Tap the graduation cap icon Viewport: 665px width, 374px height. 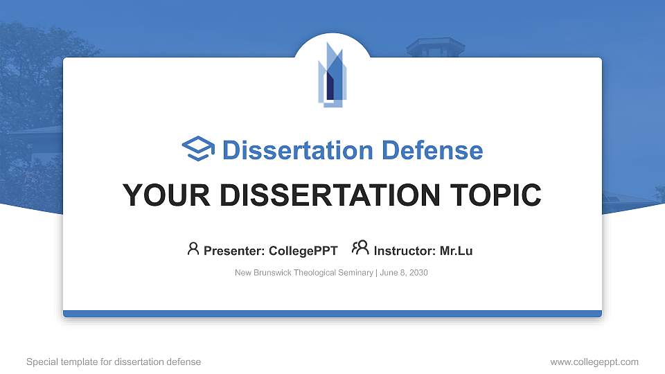pos(198,150)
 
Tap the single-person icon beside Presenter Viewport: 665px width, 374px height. pos(193,249)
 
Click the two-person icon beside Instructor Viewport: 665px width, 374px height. pos(360,248)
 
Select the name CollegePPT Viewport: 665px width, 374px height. pos(303,251)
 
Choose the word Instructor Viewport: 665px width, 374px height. pos(405,251)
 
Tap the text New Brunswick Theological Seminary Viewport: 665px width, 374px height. pos(304,273)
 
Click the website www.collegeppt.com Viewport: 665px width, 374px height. pos(594,362)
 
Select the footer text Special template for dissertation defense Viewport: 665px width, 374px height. pos(114,362)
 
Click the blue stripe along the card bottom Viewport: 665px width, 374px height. pos(332,314)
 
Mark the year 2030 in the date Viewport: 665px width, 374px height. pos(418,273)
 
